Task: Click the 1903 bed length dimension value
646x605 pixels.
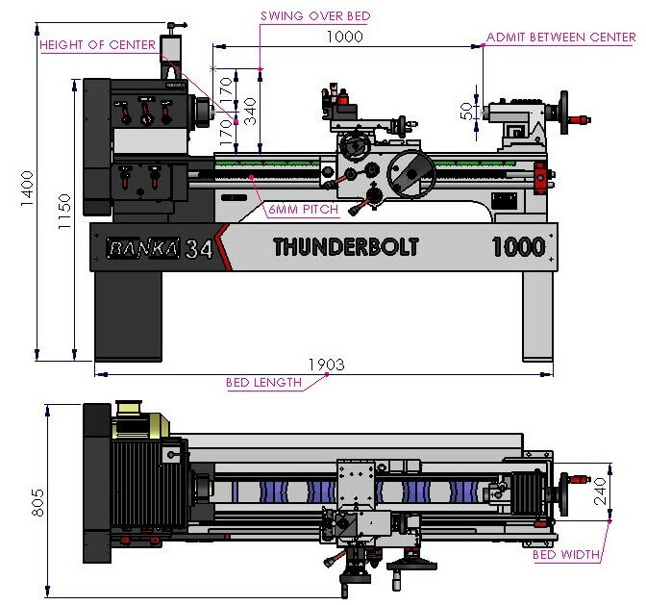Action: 326,365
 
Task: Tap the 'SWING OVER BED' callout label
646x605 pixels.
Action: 315,16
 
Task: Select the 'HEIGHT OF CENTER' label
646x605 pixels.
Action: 98,44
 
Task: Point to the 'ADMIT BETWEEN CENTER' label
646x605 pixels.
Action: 561,38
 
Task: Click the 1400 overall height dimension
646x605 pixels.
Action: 27,189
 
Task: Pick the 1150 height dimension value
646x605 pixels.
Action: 64,212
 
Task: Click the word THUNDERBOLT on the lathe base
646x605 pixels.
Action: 346,247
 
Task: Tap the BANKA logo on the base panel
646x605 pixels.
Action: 143,248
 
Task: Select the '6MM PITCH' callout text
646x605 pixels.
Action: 303,210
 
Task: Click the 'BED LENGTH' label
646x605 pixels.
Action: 263,383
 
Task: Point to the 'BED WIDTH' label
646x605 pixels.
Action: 566,554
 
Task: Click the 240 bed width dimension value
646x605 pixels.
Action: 600,491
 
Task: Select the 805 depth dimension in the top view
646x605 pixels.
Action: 37,502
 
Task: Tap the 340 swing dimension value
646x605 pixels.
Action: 250,112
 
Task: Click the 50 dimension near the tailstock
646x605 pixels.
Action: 466,112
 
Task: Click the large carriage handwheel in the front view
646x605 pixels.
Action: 410,173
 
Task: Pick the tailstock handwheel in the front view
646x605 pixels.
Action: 563,113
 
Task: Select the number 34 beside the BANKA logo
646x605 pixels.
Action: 199,248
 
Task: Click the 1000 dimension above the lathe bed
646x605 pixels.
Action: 345,37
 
